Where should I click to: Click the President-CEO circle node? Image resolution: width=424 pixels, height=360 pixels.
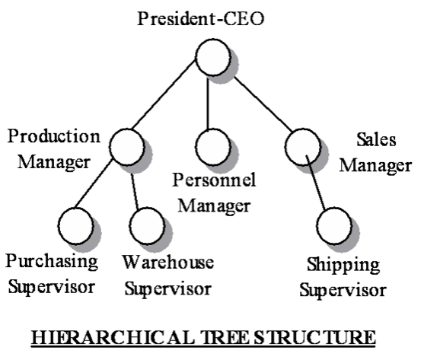coord(213,57)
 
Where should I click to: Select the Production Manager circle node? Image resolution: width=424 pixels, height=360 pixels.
coord(127,147)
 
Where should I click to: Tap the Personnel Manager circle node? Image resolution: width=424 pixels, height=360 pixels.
coord(213,147)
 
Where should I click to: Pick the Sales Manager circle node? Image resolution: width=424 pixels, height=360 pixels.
coord(303,147)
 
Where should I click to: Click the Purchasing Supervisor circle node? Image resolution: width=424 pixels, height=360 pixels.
coord(76,226)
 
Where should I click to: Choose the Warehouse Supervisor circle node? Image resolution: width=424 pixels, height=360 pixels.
coord(148,226)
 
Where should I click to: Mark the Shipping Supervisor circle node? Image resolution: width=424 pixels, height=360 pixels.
coord(334,226)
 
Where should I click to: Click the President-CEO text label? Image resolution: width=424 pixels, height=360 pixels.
coord(201,19)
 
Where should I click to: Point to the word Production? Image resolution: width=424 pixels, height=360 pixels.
coord(54,136)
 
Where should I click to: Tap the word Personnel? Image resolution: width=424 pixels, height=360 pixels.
coord(214,180)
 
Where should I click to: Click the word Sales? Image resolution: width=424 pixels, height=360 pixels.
coord(376,139)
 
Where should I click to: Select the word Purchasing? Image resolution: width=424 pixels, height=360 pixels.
coord(52,262)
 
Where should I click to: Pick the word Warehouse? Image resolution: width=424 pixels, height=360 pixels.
coord(168,262)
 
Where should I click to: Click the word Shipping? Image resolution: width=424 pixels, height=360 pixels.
coord(343,265)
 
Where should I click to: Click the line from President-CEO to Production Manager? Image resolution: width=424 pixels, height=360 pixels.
coord(164,94)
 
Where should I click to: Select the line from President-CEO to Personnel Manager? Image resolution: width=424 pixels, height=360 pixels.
coord(208,104)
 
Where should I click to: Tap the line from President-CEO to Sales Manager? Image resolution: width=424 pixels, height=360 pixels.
coord(263,104)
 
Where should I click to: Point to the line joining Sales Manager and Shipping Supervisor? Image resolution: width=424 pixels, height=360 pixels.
coord(315,183)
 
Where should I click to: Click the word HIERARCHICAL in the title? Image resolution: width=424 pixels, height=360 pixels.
coord(113,337)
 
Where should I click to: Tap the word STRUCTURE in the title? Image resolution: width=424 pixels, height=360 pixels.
coord(314,337)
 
